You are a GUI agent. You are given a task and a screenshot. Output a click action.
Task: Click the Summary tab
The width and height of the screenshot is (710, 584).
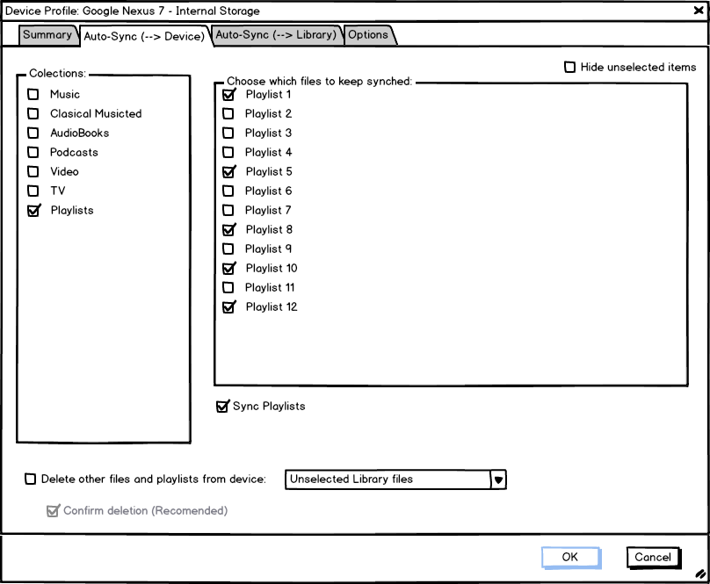[x=47, y=35]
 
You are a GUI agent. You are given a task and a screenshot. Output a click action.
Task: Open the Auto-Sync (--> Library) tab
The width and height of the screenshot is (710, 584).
[x=276, y=35]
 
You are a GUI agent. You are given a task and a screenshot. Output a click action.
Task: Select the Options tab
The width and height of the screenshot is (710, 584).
[x=368, y=35]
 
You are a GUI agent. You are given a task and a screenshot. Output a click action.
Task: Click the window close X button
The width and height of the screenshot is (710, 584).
[x=699, y=11]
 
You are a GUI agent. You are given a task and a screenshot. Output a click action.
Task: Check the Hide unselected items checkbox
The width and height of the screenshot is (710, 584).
[x=569, y=67]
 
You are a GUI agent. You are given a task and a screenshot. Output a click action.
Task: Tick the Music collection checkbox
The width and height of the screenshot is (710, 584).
[x=33, y=94]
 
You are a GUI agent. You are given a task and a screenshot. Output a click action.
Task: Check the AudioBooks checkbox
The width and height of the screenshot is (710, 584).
[x=33, y=133]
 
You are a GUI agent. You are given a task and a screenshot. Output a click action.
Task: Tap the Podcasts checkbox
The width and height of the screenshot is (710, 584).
[x=33, y=152]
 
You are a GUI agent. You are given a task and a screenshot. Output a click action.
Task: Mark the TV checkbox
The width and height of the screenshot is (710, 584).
[x=33, y=191]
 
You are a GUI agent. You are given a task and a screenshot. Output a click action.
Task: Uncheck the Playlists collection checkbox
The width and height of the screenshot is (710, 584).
[x=33, y=211]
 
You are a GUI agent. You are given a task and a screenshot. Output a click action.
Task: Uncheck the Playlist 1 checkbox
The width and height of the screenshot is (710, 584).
[x=228, y=94]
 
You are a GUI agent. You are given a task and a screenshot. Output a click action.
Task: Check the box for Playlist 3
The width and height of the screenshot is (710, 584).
[x=228, y=133]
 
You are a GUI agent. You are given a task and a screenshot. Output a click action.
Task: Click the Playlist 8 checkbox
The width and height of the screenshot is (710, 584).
[x=228, y=229]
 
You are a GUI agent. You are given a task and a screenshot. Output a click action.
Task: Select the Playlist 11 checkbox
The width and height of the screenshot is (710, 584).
[x=228, y=287]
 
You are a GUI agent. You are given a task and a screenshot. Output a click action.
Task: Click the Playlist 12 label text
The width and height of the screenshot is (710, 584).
[x=272, y=306]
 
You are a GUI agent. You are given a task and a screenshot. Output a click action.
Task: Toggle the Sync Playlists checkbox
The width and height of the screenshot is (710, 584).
[x=221, y=406]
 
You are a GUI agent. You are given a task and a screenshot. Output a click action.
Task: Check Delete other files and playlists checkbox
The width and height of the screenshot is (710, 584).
[x=31, y=479]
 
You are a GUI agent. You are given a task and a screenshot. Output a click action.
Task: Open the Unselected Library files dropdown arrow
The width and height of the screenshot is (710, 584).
[x=498, y=479]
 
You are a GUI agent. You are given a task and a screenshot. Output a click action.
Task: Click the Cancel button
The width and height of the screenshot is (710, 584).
[x=652, y=557]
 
